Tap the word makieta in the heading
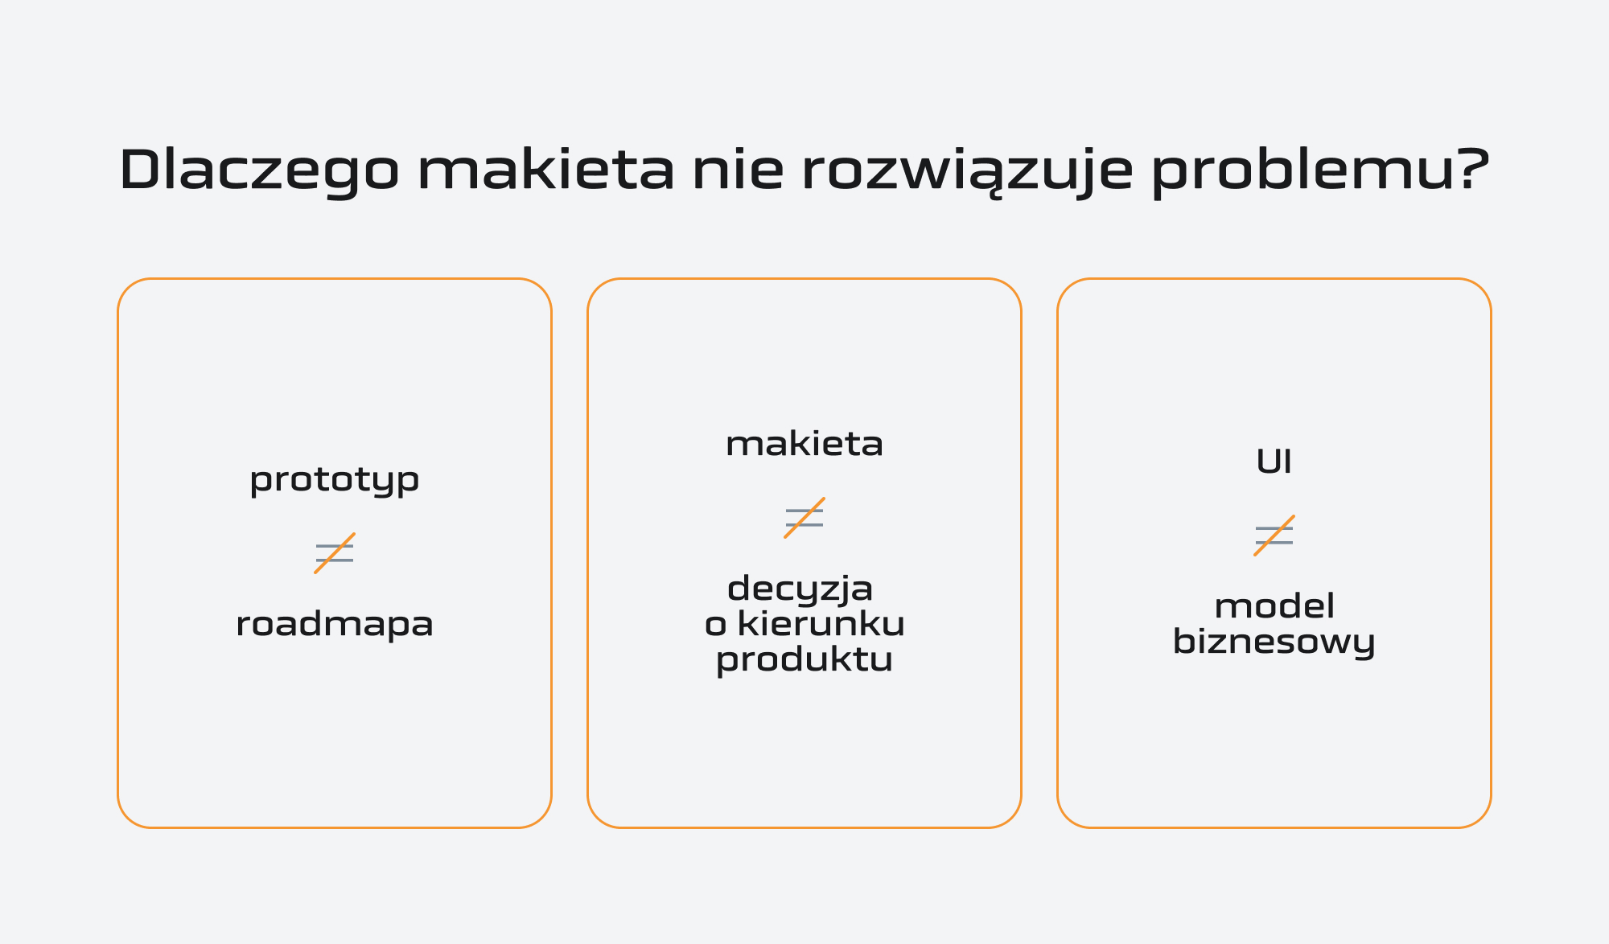click(545, 170)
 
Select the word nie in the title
click(737, 170)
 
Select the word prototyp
click(335, 481)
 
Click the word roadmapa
click(335, 624)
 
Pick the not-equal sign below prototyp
click(335, 553)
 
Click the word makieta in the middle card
click(804, 444)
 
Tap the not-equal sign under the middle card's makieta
click(804, 518)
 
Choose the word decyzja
click(800, 589)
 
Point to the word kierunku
click(821, 624)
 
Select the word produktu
click(804, 660)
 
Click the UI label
click(1274, 462)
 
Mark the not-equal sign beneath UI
click(1274, 536)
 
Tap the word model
click(1274, 606)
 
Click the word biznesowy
click(1274, 642)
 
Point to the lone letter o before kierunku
click(715, 626)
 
